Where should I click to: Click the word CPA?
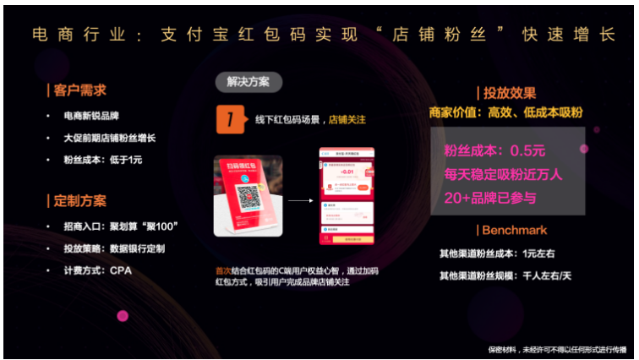(121, 270)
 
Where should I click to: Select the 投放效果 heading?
(510, 93)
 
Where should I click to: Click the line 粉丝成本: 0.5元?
(494, 151)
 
